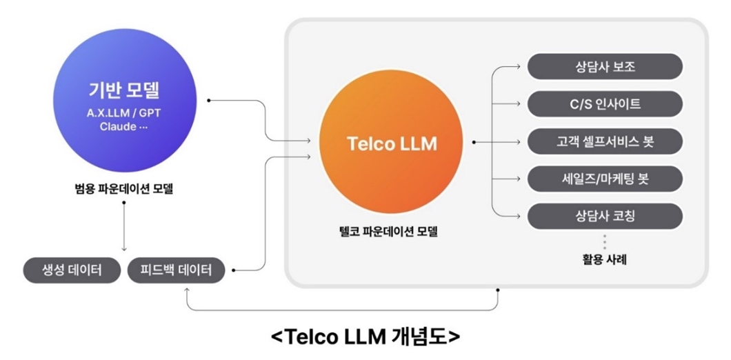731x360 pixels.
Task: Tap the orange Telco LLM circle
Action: [x=392, y=143]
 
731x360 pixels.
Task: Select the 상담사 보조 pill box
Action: [x=604, y=67]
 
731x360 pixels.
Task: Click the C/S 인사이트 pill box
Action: [x=604, y=104]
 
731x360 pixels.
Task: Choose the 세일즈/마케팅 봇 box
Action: [x=604, y=179]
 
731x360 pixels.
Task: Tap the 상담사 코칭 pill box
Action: [x=604, y=216]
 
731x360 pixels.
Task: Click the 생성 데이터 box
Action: [x=72, y=270]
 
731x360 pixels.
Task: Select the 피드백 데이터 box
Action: [x=177, y=270]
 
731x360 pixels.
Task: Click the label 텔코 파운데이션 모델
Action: [x=383, y=232]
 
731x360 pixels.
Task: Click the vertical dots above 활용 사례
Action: [x=604, y=242]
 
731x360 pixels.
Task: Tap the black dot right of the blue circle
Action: [x=208, y=101]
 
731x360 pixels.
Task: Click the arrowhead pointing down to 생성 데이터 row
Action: [x=123, y=249]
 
